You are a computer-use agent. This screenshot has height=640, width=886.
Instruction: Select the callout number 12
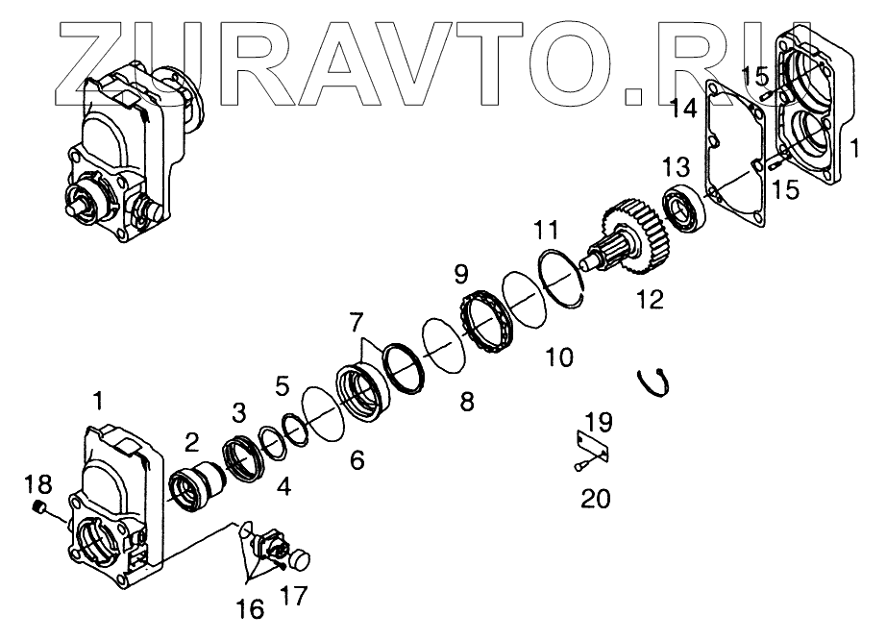649,300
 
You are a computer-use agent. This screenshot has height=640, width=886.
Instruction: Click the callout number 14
683,109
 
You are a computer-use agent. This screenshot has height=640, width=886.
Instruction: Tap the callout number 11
545,233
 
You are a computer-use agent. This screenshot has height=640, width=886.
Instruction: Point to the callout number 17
294,597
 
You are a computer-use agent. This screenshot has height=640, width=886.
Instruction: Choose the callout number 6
357,460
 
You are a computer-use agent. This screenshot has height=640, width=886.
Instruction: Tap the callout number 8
467,402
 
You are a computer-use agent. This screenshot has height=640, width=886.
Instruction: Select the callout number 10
558,357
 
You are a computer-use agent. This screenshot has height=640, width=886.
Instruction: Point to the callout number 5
282,386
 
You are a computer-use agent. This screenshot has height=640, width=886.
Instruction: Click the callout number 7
357,318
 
